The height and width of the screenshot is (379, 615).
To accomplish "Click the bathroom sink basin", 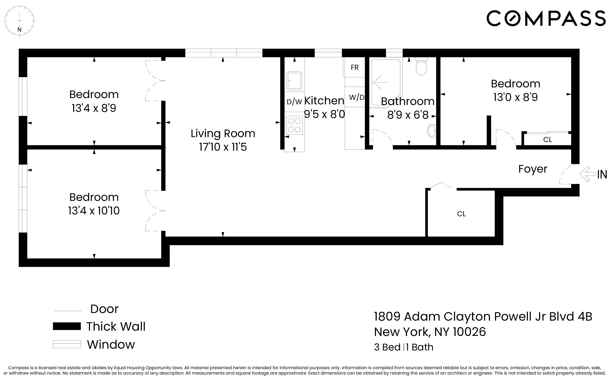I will (432, 131).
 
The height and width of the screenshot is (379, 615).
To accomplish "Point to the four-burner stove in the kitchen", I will (294, 125).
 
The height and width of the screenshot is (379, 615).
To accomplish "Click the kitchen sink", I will (294, 81).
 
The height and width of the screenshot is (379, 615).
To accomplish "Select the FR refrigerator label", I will (355, 67).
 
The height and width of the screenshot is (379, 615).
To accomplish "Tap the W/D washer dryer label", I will (357, 97).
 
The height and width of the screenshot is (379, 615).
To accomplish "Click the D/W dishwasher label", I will (294, 101).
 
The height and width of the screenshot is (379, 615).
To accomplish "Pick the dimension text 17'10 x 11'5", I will (223, 147).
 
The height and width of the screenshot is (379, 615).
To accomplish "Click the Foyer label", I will (533, 169).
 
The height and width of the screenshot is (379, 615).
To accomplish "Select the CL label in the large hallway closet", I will (461, 214).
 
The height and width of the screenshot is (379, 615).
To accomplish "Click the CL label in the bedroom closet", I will (547, 140).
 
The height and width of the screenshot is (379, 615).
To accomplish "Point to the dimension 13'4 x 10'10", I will (94, 210).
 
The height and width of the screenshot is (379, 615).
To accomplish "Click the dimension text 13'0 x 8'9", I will (515, 97).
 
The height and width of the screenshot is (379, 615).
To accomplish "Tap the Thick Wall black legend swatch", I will (67, 326).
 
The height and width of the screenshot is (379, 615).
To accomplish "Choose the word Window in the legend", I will (111, 344).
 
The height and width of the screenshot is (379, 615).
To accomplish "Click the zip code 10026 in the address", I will (469, 332).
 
